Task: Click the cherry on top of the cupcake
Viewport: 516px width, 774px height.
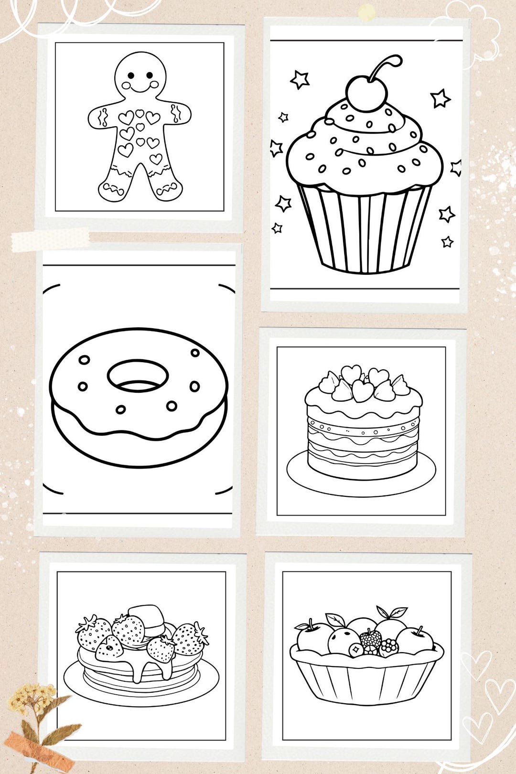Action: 366,93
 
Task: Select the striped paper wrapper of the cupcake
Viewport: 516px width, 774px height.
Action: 365,229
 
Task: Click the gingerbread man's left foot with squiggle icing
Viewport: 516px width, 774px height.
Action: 112,191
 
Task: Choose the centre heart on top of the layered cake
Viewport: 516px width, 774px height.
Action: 363,391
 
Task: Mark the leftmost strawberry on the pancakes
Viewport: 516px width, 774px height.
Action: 93,633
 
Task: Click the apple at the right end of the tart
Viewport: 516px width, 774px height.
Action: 415,640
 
